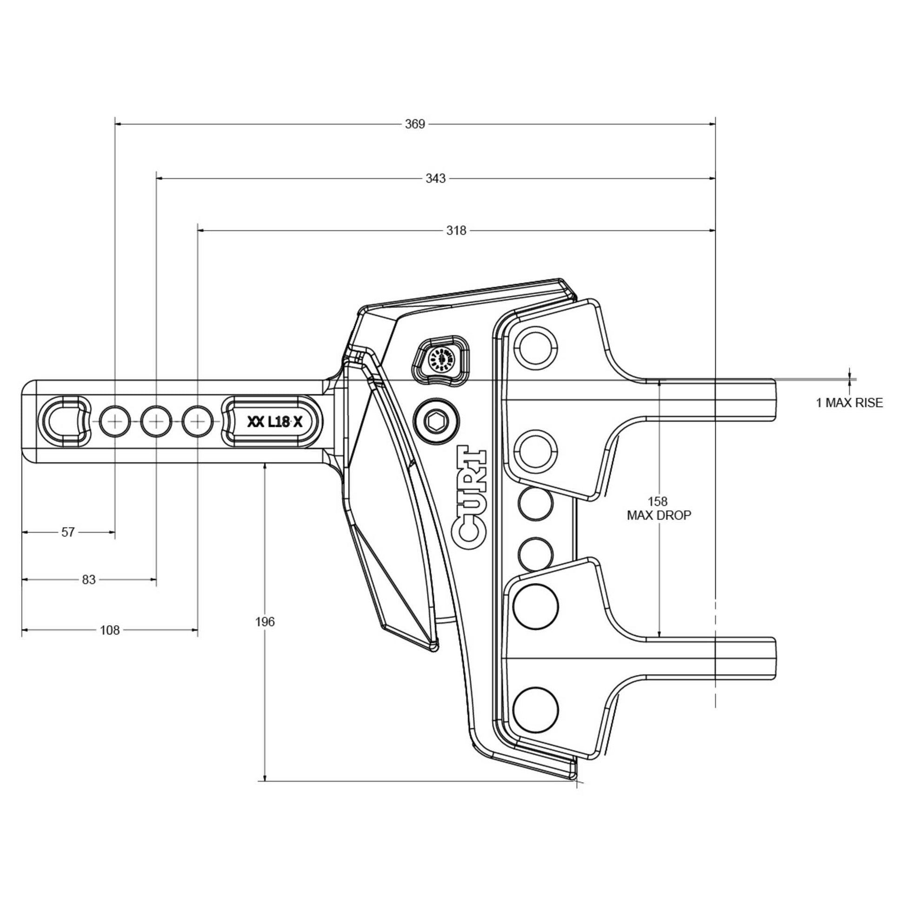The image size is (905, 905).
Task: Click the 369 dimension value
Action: click(x=414, y=124)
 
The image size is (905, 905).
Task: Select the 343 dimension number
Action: click(x=435, y=179)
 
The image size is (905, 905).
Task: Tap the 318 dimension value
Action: click(x=456, y=231)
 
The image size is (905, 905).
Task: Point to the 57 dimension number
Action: click(x=68, y=532)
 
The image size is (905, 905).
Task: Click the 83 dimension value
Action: click(x=88, y=579)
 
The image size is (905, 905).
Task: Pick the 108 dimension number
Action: click(x=110, y=630)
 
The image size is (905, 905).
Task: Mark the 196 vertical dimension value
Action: click(x=265, y=622)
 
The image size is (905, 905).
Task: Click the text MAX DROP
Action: click(x=659, y=515)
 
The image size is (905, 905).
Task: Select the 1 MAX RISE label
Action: click(x=849, y=402)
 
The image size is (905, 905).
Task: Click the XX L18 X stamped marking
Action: click(x=275, y=422)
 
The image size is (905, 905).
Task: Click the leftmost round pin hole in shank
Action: click(x=115, y=422)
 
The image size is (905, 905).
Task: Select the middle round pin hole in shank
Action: click(x=156, y=422)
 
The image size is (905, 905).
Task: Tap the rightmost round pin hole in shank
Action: click(x=197, y=422)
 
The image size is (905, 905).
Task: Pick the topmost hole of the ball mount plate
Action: click(x=536, y=345)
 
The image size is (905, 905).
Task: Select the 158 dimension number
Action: click(x=658, y=501)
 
